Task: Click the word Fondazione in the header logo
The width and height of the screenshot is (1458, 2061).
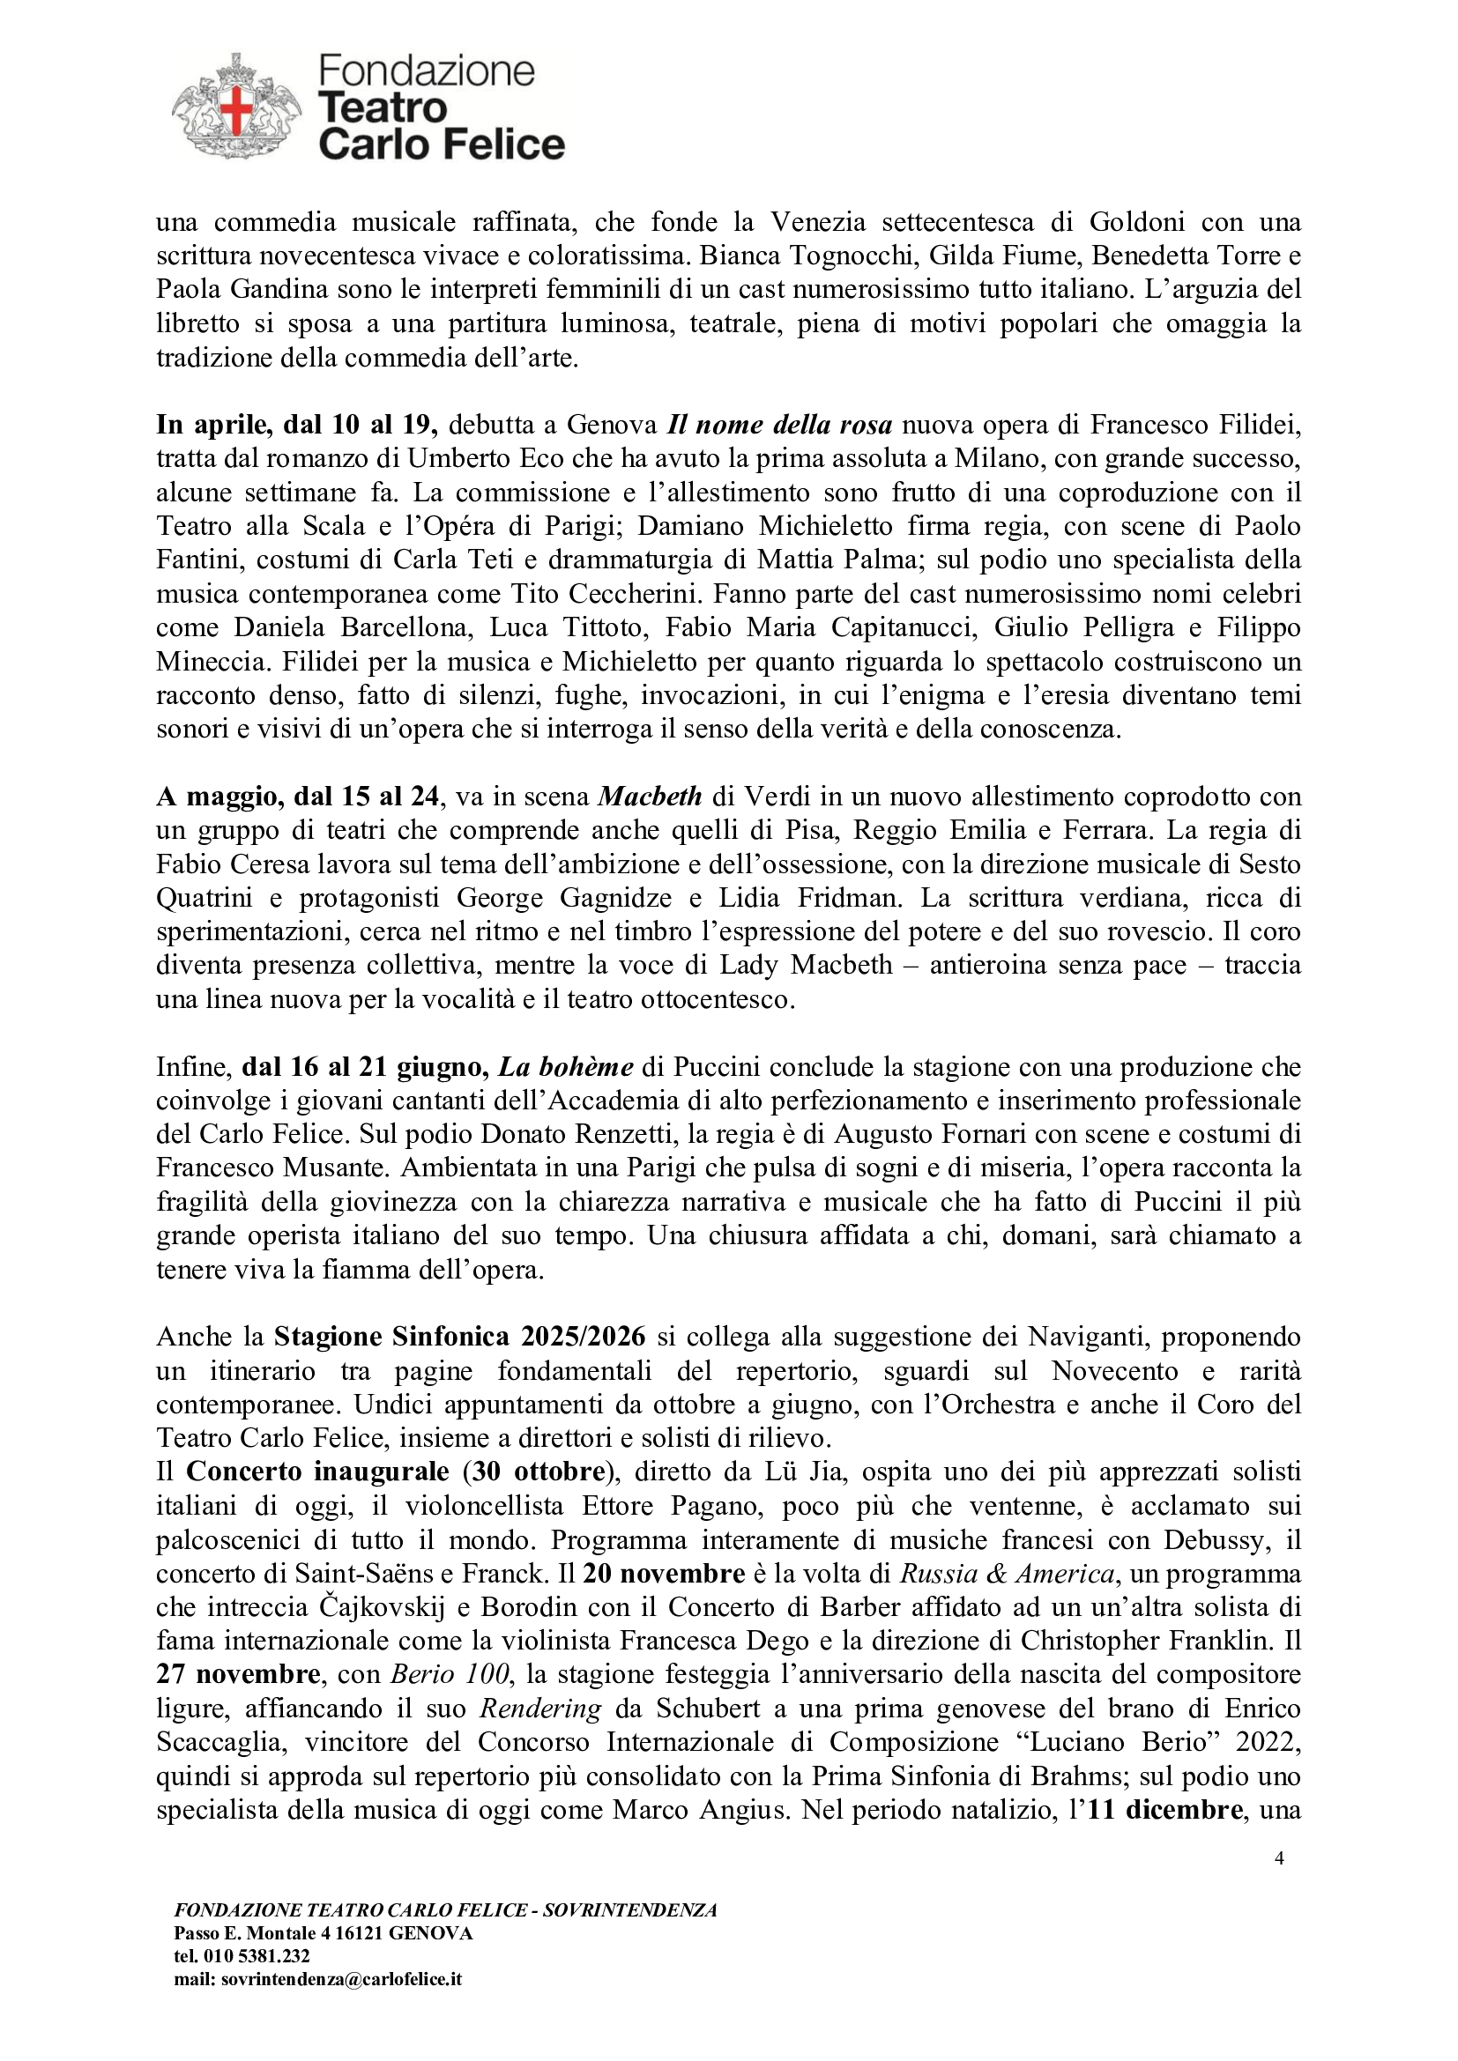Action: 427,70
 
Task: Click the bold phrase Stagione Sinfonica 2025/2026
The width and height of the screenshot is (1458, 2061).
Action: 459,1337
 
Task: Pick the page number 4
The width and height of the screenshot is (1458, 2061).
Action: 1279,1858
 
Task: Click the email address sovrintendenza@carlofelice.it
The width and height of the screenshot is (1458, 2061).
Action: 341,1978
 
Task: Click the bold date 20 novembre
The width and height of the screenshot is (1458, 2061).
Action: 664,1574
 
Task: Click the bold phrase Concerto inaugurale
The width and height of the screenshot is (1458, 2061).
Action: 318,1472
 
